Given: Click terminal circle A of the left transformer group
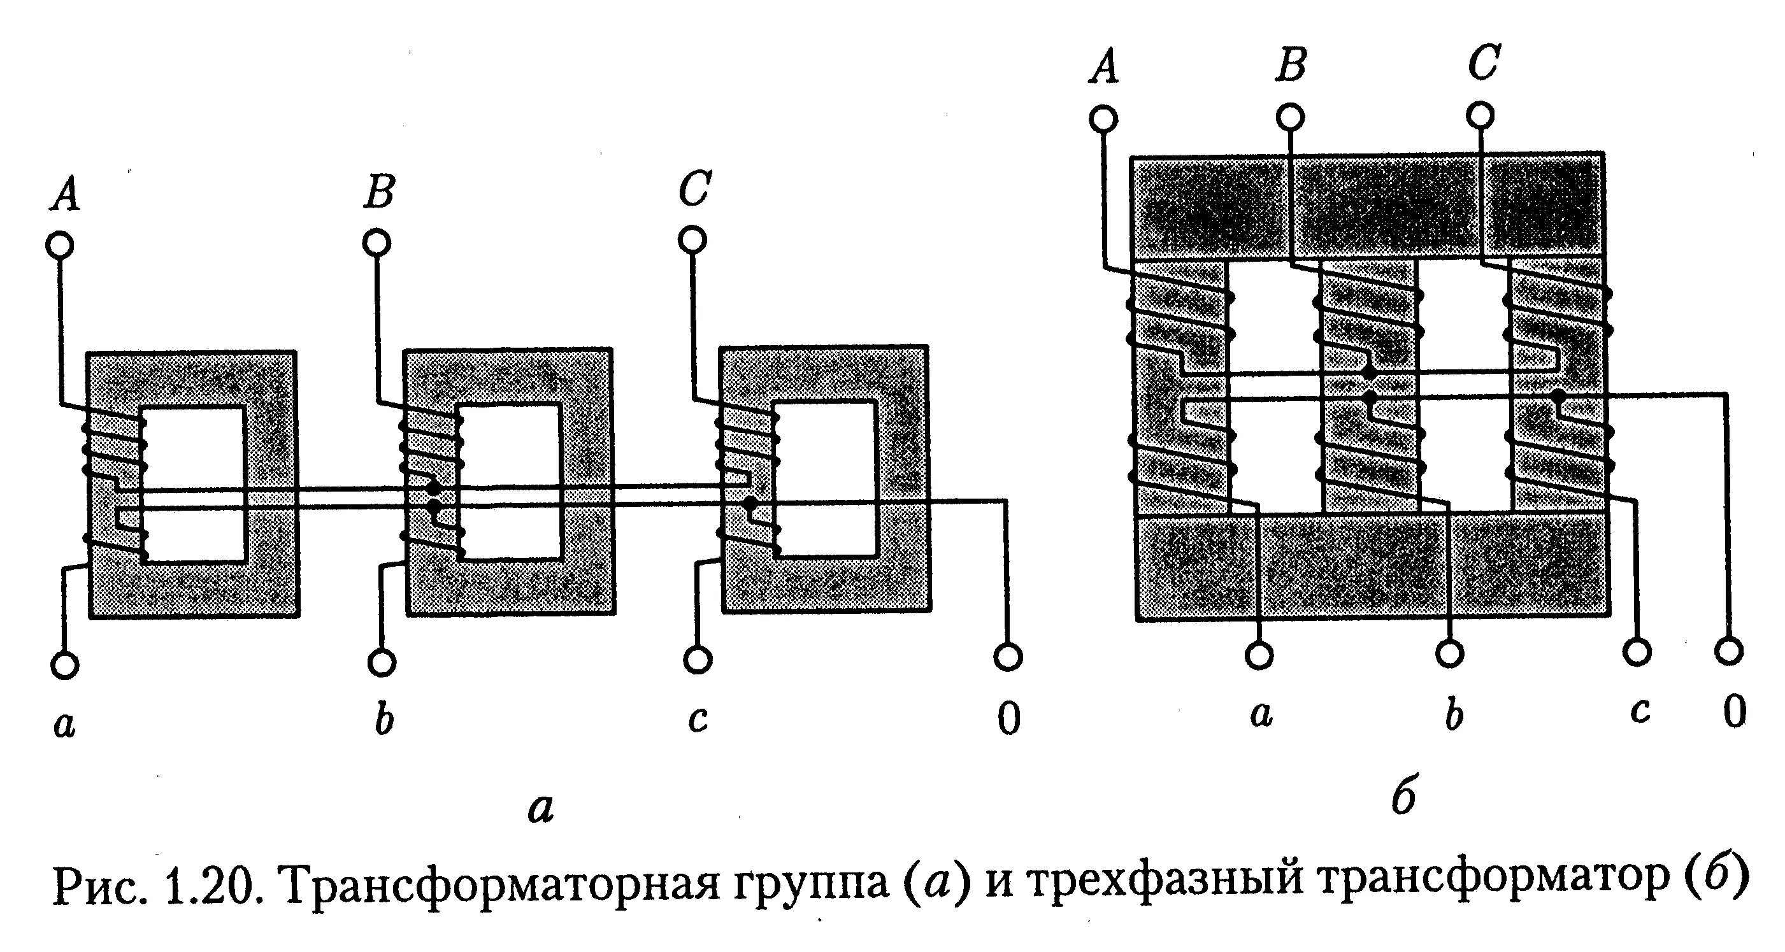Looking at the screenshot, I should tap(61, 245).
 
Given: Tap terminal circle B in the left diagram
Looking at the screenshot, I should tap(377, 243).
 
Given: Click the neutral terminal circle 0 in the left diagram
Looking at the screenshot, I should tap(1008, 656).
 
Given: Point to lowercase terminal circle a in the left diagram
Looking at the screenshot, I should tap(65, 665).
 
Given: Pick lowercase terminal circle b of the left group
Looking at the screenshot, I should tap(382, 663).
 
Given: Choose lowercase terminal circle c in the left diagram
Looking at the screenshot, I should tap(698, 660).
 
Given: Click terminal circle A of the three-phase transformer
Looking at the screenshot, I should tap(1103, 119).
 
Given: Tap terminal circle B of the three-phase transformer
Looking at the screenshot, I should tap(1290, 117).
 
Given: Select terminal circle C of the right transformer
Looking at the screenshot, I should tap(1480, 115).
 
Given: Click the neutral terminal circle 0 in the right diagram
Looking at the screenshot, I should tap(1730, 651).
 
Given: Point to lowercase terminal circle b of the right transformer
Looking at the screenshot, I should tap(1450, 653).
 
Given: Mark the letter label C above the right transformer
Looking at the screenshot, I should tap(1484, 63).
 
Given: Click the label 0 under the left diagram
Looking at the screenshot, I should tap(1009, 718).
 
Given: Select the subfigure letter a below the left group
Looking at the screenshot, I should tap(540, 808).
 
